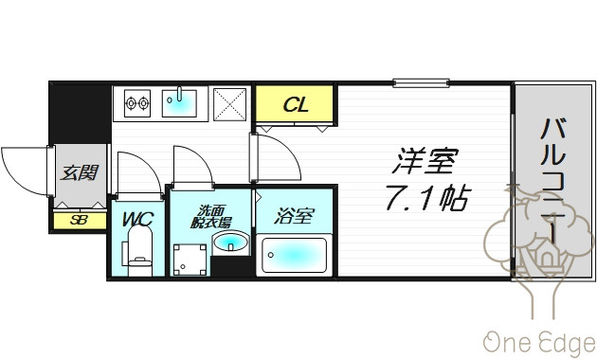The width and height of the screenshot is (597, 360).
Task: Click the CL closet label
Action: pos(296,104)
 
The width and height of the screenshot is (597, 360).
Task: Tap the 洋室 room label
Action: pos(425,161)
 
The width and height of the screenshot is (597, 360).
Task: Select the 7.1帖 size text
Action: pos(428,197)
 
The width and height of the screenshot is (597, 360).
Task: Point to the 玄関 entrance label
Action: pos(80,172)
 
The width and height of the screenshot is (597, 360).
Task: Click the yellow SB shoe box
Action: pos(80,221)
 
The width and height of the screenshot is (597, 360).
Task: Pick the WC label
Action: pos(137,219)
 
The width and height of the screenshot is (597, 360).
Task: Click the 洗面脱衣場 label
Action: pos(210,217)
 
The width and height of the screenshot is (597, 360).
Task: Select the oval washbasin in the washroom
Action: pos(230,243)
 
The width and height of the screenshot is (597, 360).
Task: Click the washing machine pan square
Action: pos(190,260)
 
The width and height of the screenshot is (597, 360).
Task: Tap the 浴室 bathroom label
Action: pos(294,216)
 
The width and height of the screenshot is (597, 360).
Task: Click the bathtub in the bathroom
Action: pos(294,255)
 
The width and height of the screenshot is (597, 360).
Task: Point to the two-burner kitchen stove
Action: pos(137,103)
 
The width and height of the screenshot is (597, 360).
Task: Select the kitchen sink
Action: pos(179,103)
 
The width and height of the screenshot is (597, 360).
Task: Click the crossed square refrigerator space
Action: pos(229,104)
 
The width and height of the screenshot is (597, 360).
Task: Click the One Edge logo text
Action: pos(539,342)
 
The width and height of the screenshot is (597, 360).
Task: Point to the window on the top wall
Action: pos(421,82)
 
